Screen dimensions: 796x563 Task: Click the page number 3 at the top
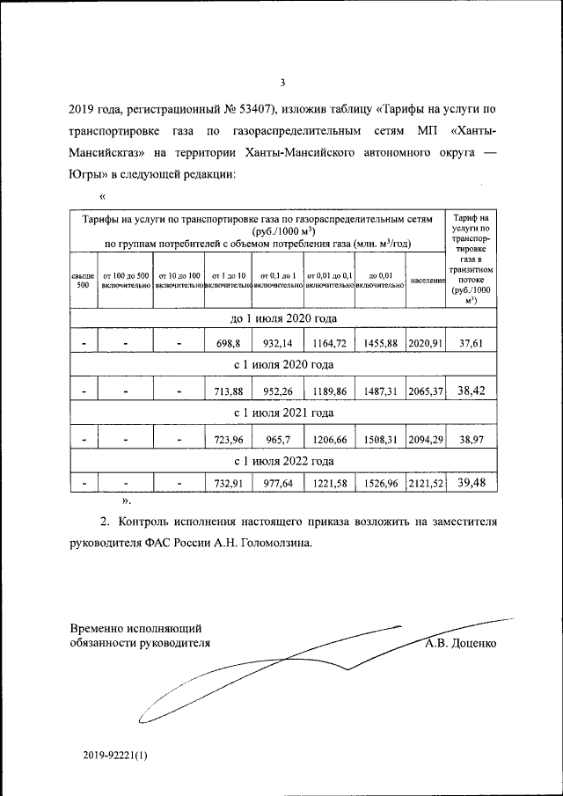pyautogui.click(x=282, y=84)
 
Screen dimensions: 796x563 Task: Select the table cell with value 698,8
pyautogui.click(x=227, y=343)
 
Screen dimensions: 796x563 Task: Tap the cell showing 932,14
pyautogui.click(x=277, y=343)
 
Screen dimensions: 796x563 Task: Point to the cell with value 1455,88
pyautogui.click(x=380, y=343)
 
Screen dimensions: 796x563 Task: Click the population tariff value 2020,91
pyautogui.click(x=426, y=343)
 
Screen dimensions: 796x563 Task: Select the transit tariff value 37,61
pyautogui.click(x=472, y=343)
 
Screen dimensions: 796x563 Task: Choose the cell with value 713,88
pyautogui.click(x=227, y=390)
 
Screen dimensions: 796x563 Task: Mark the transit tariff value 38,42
pyautogui.click(x=472, y=389)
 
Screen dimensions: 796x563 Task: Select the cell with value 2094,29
pyautogui.click(x=426, y=436)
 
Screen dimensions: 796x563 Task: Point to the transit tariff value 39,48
pyautogui.click(x=472, y=481)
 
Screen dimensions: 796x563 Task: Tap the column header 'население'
pyautogui.click(x=427, y=281)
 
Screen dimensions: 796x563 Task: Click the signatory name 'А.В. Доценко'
pyautogui.click(x=459, y=643)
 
